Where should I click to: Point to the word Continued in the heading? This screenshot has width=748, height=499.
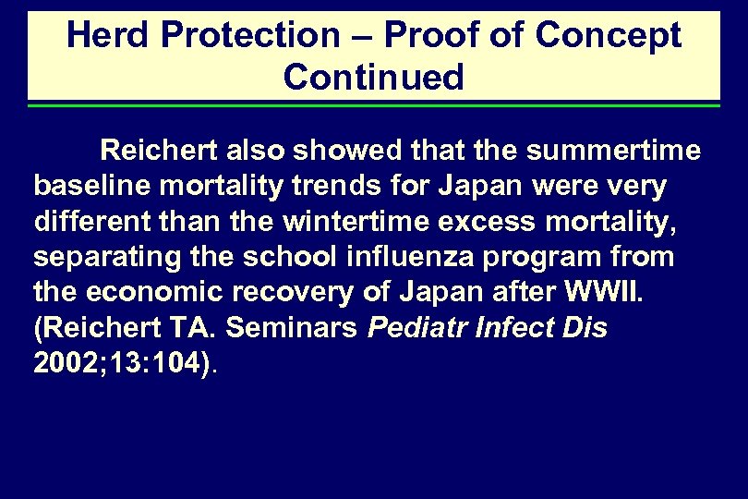pyautogui.click(x=374, y=78)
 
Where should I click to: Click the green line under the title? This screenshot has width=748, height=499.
pyautogui.click(x=374, y=105)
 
